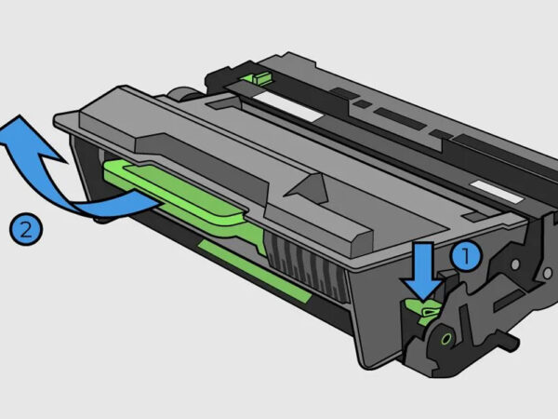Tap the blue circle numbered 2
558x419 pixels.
click(25, 227)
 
